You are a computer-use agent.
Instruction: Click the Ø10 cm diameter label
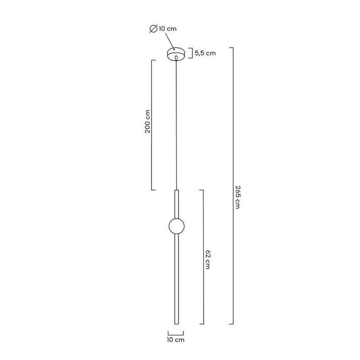pyautogui.click(x=164, y=29)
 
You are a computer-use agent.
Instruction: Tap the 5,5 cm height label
pyautogui.click(x=205, y=53)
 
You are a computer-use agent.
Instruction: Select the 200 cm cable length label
pyautogui.click(x=148, y=121)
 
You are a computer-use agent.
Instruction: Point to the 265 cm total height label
pyautogui.click(x=237, y=197)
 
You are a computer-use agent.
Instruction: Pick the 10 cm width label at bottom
pyautogui.click(x=176, y=339)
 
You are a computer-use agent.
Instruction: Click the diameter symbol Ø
pyautogui.click(x=153, y=29)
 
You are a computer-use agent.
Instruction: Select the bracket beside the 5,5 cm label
pyautogui.click(x=190, y=53)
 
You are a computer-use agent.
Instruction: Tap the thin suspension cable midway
pyautogui.click(x=176, y=125)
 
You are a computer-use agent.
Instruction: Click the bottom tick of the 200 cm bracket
pyautogui.click(x=153, y=190)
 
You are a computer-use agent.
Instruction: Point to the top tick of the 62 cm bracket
pyautogui.click(x=201, y=190)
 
